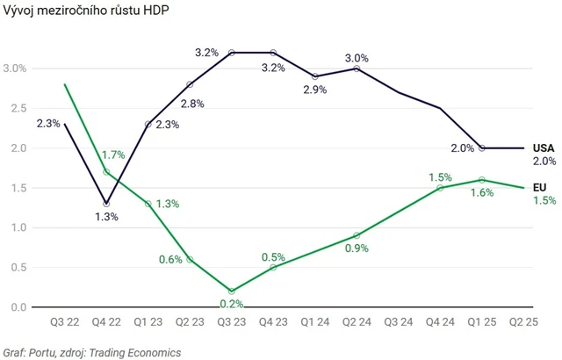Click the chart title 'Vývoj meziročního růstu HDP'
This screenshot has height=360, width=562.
(76, 11)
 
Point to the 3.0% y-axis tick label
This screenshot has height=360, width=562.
(15, 68)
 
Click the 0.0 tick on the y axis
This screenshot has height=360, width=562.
(18, 307)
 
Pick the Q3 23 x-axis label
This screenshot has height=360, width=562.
(231, 322)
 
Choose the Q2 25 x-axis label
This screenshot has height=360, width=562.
(523, 322)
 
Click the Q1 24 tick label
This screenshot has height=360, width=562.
(314, 322)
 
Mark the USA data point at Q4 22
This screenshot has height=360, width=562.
(106, 204)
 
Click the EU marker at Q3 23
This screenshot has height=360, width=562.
(232, 291)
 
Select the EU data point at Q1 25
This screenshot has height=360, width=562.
(482, 180)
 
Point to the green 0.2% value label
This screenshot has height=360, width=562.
(232, 304)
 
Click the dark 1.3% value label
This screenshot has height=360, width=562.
(106, 217)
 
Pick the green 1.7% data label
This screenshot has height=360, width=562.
(113, 155)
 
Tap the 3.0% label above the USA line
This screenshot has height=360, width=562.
(357, 55)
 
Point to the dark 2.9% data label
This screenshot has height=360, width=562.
(314, 90)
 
